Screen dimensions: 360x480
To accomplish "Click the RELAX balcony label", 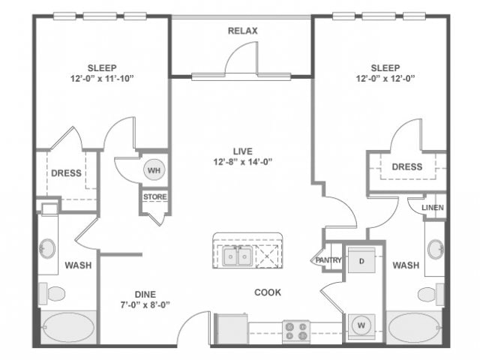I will pyautogui.click(x=242, y=31).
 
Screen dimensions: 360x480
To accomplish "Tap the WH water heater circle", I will pyautogui.click(x=154, y=170).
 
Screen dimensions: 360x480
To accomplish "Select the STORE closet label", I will pyautogui.click(x=155, y=197).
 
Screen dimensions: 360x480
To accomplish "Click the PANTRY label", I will pyautogui.click(x=328, y=260).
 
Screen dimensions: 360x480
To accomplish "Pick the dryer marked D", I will pyautogui.click(x=361, y=261).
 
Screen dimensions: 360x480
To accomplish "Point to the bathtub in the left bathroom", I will pyautogui.click(x=67, y=328).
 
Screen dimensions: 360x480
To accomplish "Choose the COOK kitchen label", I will pyautogui.click(x=268, y=292).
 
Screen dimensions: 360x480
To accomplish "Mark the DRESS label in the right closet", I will pyautogui.click(x=407, y=166).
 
